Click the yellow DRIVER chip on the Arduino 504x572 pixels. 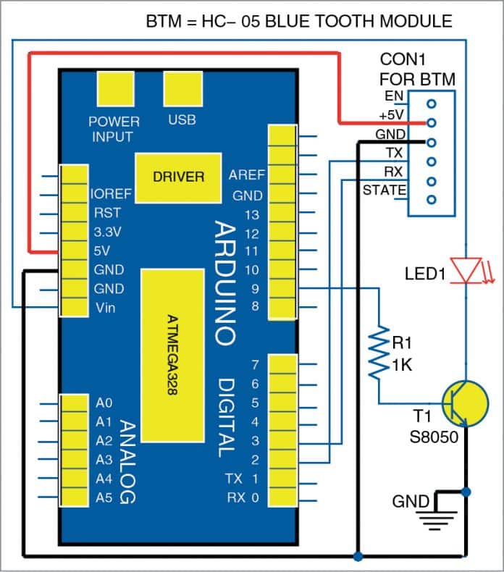pos(178,176)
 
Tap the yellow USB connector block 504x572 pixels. pos(182,91)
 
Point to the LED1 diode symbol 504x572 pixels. pos(465,270)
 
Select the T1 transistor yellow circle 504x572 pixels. pos(463,404)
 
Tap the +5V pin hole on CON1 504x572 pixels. pos(432,122)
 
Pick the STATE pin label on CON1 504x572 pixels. pos(384,191)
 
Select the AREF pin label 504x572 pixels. pos(247,175)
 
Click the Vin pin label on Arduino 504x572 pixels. pos(105,308)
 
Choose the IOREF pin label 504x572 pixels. pos(112,195)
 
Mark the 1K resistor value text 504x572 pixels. pos(403,366)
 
